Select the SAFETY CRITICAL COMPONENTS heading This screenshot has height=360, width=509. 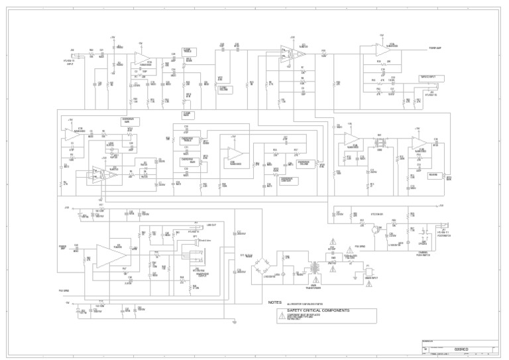click(x=318, y=310)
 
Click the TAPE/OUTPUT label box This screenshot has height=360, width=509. click(x=431, y=78)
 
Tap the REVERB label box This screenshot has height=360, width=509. click(x=433, y=175)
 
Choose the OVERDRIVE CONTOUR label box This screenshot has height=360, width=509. click(x=288, y=180)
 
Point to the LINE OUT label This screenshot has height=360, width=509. click(x=211, y=225)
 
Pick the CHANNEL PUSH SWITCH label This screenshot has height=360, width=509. click(x=422, y=253)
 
